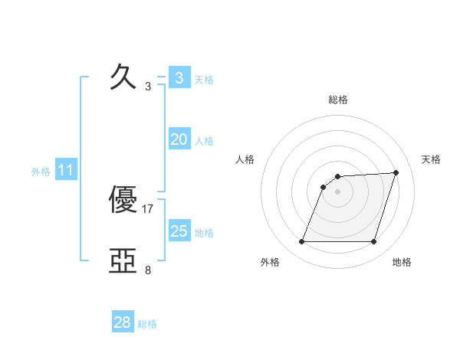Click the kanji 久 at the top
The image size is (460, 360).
(123, 77)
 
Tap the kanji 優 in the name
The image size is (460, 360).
(123, 201)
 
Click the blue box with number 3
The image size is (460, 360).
(179, 77)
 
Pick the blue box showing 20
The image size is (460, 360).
(179, 139)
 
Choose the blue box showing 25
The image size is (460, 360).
(179, 231)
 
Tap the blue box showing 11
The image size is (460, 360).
(66, 171)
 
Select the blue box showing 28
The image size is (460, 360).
(123, 322)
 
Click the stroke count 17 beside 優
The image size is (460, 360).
(148, 208)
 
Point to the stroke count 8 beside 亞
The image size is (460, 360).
(148, 270)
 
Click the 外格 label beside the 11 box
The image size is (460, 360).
(41, 172)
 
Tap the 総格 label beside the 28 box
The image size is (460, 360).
(147, 324)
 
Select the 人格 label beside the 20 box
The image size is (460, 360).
(204, 141)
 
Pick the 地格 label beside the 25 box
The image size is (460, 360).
(204, 232)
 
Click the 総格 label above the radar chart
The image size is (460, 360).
(338, 100)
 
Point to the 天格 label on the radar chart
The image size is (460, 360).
(432, 159)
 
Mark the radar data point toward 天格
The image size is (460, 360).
(396, 172)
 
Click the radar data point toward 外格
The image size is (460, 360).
(301, 242)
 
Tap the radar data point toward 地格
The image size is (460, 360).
(374, 242)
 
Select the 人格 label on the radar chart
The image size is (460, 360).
(245, 159)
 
